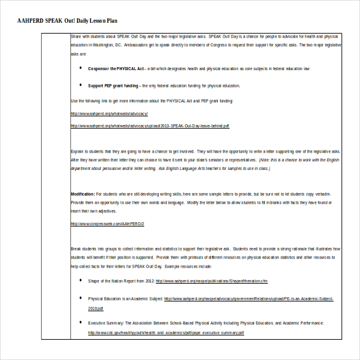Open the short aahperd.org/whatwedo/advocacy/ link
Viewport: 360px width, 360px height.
coord(109,113)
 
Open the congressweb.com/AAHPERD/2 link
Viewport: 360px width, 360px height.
coord(107,223)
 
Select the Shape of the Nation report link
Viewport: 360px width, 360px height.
coord(211,281)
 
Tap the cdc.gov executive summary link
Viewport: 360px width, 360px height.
coord(166,333)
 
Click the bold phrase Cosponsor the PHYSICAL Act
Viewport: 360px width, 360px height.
coord(116,68)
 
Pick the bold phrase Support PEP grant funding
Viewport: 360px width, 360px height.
coord(113,86)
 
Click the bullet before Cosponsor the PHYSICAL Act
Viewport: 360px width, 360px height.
coord(80,68)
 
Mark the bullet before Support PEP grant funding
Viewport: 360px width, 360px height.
coord(80,85)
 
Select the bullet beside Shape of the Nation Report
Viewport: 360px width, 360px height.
coord(80,281)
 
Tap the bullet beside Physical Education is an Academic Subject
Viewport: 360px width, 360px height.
coord(80,298)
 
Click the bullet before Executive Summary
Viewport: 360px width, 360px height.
coord(80,322)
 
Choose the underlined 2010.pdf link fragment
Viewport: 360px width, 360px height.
coord(96,308)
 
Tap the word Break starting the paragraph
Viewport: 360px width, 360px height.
coord(76,249)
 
